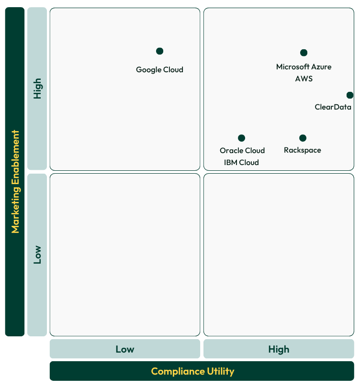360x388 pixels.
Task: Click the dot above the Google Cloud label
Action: point(159,51)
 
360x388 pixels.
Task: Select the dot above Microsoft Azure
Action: point(304,53)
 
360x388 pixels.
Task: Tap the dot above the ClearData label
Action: point(350,95)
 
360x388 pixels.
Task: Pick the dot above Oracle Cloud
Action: point(241,138)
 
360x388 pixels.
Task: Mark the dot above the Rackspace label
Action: point(303,138)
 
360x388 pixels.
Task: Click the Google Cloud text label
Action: point(159,69)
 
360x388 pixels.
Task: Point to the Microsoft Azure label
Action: point(304,67)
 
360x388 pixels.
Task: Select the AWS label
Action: point(304,78)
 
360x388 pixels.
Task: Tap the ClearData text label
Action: point(333,107)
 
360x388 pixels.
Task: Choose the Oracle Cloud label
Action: point(242,150)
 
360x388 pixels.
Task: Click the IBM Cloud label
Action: point(241,162)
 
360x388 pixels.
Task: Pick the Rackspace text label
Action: point(302,150)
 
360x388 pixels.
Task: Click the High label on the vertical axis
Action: point(37,89)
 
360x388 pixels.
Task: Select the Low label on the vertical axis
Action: point(37,255)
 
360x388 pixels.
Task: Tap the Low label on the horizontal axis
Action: point(124,349)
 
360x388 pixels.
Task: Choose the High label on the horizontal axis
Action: point(279,349)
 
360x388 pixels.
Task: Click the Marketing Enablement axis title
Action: point(15,182)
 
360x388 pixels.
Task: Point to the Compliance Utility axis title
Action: point(192,371)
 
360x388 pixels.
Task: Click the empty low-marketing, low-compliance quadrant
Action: point(124,255)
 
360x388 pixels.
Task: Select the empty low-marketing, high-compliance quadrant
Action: point(279,255)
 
